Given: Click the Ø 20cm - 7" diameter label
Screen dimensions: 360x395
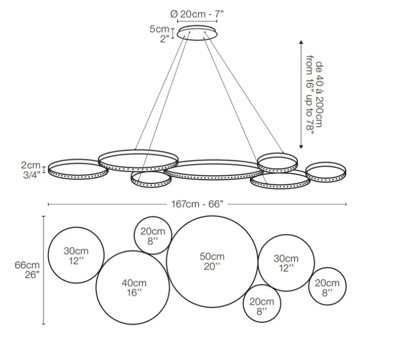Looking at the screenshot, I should (x=197, y=13).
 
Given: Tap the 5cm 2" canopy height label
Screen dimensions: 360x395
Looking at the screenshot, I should (x=159, y=33).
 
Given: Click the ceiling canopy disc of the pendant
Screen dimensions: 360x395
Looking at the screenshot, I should (x=197, y=34).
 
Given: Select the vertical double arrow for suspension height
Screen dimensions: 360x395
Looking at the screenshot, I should (x=301, y=94).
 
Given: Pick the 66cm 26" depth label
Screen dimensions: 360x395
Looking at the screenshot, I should (x=27, y=269).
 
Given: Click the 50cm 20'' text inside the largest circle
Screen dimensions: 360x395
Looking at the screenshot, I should (x=212, y=261).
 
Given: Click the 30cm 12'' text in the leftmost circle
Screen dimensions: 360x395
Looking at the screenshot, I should (x=76, y=256).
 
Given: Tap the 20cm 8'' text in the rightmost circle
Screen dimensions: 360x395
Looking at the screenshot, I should (x=327, y=287).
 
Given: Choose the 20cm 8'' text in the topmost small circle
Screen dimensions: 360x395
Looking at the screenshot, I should (x=152, y=236).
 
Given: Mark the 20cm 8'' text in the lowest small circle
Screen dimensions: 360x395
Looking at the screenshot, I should (x=262, y=306).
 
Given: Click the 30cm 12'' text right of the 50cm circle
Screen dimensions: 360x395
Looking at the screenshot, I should (x=286, y=263).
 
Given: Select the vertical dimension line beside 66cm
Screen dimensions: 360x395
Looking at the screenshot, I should (x=43, y=269).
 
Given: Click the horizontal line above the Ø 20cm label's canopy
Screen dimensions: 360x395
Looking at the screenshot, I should (x=197, y=22).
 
